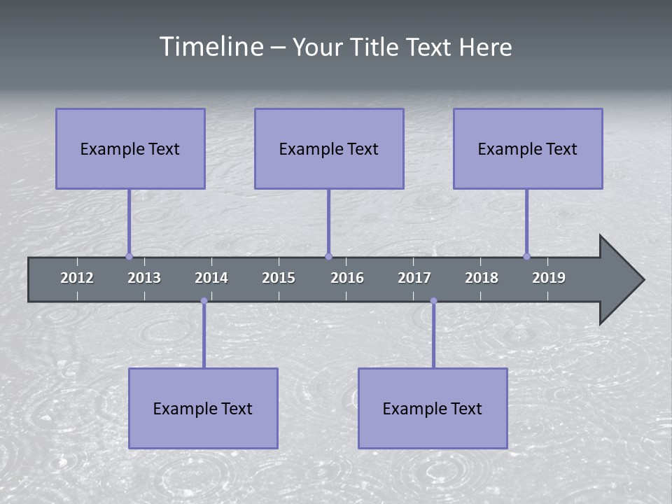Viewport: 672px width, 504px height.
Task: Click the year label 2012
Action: (x=77, y=278)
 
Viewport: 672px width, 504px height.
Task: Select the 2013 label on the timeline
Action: (x=144, y=278)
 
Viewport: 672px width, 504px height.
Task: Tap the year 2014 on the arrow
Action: (x=211, y=278)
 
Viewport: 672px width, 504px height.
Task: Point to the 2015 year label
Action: (x=279, y=278)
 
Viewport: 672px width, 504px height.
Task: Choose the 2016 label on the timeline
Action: (x=347, y=278)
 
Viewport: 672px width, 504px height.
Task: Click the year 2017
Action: (x=414, y=278)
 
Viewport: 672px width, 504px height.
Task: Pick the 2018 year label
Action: (x=482, y=278)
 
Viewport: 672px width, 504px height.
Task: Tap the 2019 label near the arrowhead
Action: (x=549, y=278)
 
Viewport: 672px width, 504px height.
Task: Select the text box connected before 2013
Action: (x=130, y=148)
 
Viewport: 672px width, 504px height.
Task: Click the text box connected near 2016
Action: (x=329, y=148)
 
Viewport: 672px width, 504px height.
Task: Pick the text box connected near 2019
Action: (x=528, y=148)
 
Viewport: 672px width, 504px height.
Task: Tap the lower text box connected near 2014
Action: (x=203, y=408)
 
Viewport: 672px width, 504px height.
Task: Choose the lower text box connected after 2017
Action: (x=433, y=408)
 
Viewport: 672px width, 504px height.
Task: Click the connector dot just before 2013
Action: (x=129, y=256)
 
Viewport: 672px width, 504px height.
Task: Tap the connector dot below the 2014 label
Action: (x=204, y=301)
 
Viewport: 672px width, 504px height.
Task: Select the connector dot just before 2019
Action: (x=526, y=256)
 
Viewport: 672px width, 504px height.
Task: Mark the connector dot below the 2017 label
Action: (x=433, y=301)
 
